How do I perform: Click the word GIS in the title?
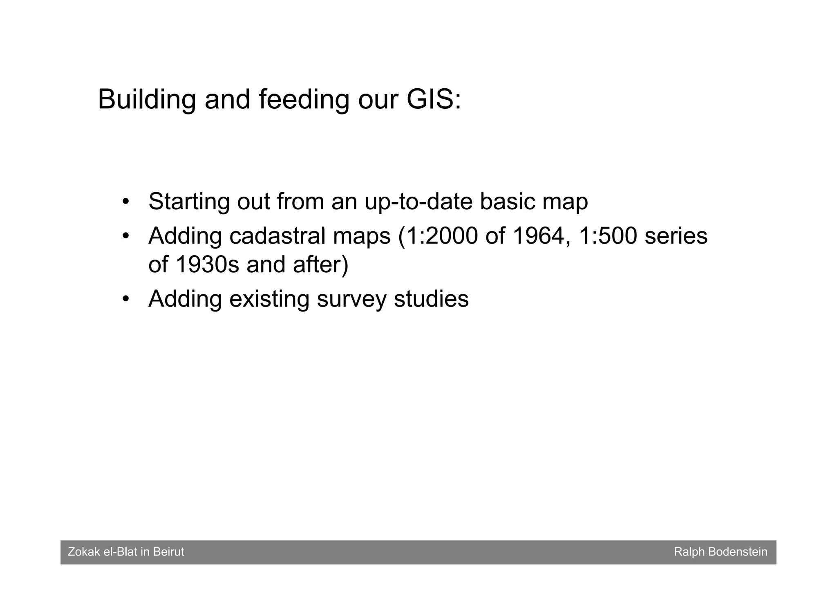[430, 99]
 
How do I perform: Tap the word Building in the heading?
[147, 99]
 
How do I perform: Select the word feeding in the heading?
[304, 99]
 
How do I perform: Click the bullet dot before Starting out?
[126, 202]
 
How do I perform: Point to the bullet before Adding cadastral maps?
[126, 236]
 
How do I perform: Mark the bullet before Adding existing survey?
[126, 299]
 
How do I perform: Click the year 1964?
[537, 236]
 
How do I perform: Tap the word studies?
[431, 299]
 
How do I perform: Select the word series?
[676, 236]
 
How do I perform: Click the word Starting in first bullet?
[189, 202]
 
